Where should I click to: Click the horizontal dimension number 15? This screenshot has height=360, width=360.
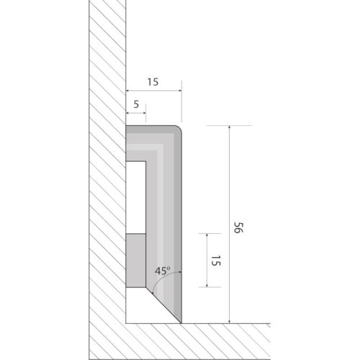153,82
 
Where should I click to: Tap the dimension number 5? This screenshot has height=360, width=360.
136,104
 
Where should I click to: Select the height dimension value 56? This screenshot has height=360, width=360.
239,228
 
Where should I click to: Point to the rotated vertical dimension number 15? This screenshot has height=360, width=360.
215,261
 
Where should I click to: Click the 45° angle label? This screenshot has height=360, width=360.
163,271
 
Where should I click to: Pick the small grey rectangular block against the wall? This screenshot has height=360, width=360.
136,261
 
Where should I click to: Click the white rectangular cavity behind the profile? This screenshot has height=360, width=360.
136,197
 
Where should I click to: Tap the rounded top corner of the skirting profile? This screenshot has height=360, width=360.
179,128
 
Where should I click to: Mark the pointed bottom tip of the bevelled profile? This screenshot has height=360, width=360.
181,323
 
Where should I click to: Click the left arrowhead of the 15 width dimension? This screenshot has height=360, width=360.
127,91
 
